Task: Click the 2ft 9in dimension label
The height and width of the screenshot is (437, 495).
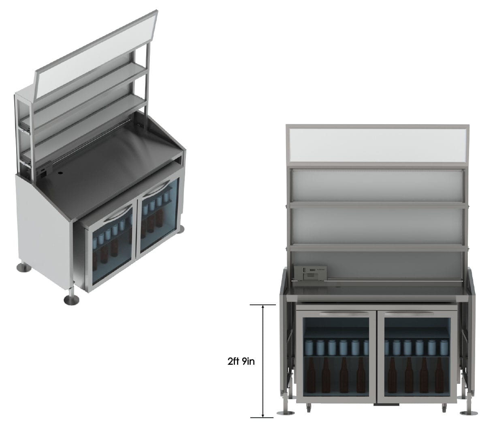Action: coord(241,362)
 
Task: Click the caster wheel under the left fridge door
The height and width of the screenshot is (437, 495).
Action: coord(309,405)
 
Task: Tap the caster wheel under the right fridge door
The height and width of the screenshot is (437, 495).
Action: coord(444,405)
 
